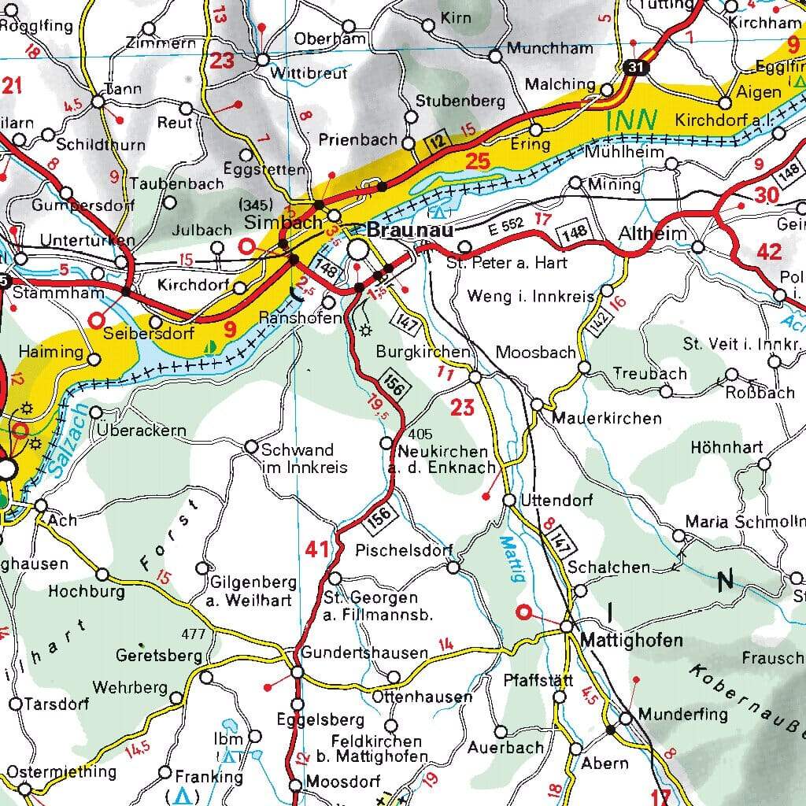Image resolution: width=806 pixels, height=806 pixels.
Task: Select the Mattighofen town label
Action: click(x=631, y=641)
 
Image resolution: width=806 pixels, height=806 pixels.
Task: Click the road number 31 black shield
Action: click(x=634, y=68)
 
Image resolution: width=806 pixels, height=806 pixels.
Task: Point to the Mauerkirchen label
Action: click(x=607, y=418)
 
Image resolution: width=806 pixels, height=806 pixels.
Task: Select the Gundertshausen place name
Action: click(x=364, y=653)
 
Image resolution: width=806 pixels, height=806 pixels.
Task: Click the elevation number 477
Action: click(x=193, y=634)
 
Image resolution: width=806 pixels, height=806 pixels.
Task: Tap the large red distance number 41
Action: click(x=317, y=549)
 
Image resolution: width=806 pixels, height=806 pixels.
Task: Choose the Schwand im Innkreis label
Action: click(x=304, y=459)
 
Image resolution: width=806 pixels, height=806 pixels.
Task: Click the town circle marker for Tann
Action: click(x=98, y=102)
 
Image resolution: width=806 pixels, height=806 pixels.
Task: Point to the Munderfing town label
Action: click(x=683, y=715)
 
